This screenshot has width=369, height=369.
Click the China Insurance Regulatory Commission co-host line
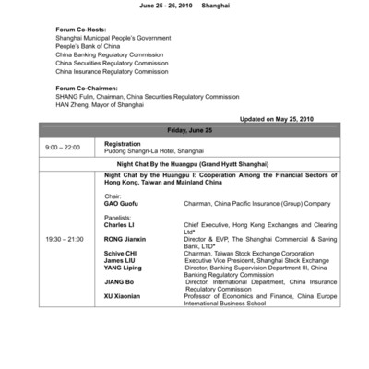(112, 71)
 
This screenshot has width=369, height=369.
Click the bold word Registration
(123, 144)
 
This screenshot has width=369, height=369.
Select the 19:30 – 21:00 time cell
(65, 239)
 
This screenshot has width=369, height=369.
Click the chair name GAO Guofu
(123, 204)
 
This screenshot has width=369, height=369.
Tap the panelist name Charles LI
(121, 224)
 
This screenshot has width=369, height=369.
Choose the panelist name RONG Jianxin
(125, 239)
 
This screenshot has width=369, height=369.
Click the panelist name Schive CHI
(121, 253)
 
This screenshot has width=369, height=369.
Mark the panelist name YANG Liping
(124, 268)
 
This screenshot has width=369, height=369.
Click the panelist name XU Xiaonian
(125, 296)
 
